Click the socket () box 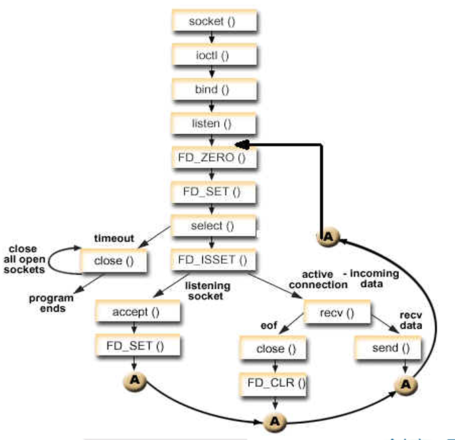coord(212,21)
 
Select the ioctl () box coord(212,55)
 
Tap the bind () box coord(212,89)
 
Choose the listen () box coord(212,124)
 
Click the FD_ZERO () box coord(212,158)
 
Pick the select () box coord(212,226)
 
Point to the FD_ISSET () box coord(212,259)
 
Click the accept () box coord(137,312)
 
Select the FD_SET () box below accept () coord(137,347)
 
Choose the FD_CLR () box coord(274,384)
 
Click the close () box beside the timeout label coord(112,260)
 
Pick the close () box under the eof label coord(274,349)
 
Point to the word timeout coord(114,238)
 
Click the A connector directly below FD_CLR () coord(274,420)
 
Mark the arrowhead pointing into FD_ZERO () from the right coord(241,145)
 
